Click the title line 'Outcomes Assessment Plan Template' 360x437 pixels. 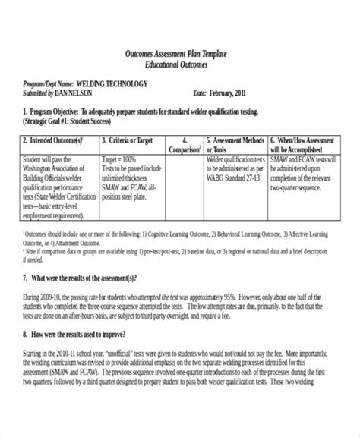pyautogui.click(x=180, y=58)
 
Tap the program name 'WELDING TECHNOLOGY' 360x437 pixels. pyautogui.click(x=118, y=83)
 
